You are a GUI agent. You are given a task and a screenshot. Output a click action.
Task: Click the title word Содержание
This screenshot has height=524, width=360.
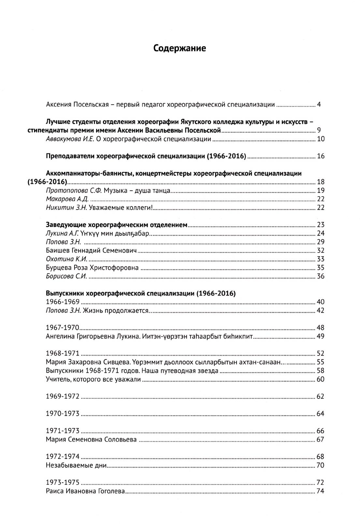click(180, 48)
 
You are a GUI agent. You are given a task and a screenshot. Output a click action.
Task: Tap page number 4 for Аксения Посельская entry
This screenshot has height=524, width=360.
click(319, 105)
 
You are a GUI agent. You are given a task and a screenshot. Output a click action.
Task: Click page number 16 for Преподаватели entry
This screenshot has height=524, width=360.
click(321, 156)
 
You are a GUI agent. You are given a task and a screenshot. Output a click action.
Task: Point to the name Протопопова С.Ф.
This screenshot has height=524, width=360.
click(73, 190)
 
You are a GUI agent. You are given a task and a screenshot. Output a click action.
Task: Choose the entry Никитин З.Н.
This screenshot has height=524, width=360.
click(66, 208)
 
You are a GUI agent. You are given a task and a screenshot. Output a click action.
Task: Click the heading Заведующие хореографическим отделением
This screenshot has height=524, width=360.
click(117, 225)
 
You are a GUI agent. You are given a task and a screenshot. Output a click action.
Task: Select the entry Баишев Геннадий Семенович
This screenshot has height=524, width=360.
click(91, 251)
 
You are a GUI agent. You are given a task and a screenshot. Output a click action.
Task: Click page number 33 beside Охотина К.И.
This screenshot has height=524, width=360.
click(321, 259)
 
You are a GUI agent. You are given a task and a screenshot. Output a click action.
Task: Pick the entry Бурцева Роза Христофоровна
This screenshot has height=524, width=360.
click(92, 268)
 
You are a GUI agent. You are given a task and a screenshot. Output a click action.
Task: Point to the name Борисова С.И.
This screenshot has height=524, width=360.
click(66, 276)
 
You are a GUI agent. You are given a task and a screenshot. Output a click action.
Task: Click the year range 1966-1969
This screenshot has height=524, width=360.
click(63, 302)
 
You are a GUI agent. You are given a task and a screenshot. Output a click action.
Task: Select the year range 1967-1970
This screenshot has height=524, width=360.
click(63, 327)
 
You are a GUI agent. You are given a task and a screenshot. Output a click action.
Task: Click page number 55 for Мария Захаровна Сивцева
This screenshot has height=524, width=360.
click(321, 362)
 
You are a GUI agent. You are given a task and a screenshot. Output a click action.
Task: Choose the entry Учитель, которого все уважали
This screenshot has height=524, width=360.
click(94, 379)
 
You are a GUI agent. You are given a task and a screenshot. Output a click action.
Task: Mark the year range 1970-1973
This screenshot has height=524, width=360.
click(63, 414)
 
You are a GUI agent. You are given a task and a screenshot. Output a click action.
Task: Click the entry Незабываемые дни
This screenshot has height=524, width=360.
click(77, 465)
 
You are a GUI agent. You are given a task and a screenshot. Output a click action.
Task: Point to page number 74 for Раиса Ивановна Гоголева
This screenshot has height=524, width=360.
click(321, 491)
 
